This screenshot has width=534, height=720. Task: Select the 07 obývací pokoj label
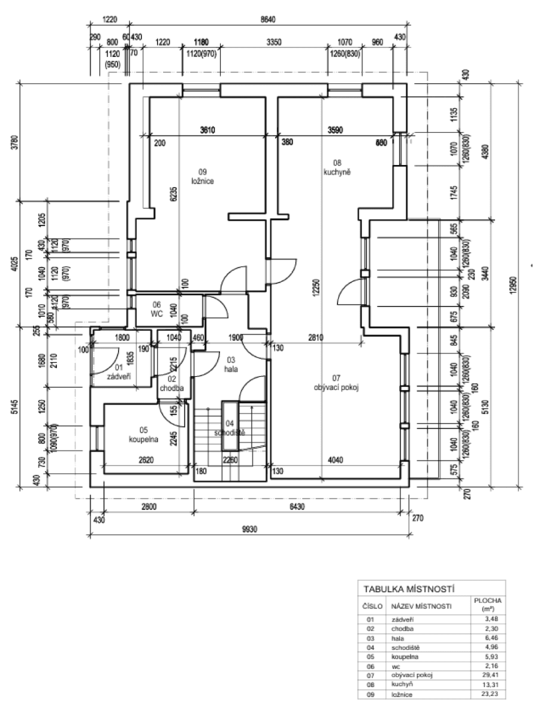click(x=336, y=382)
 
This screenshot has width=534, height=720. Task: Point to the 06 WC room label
click(x=157, y=308)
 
